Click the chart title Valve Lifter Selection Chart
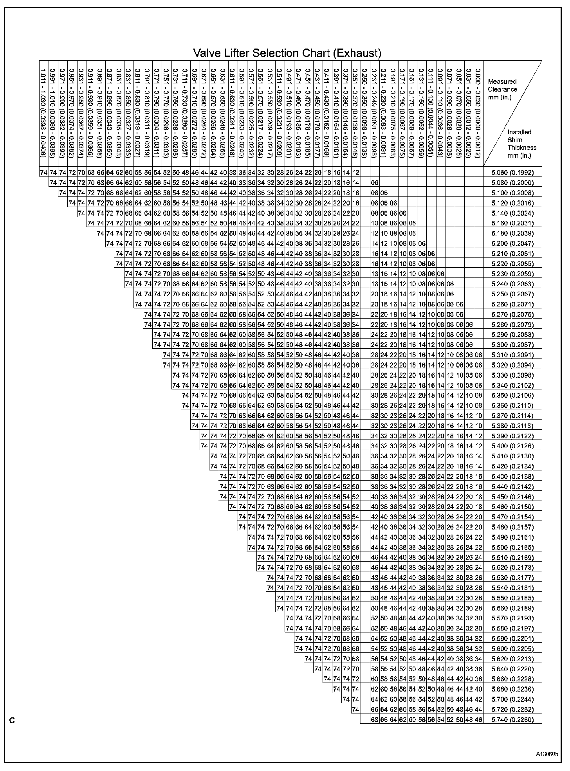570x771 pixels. click(287, 53)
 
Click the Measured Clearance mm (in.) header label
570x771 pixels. click(502, 89)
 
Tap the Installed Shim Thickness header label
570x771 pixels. click(521, 144)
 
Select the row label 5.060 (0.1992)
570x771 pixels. click(512, 172)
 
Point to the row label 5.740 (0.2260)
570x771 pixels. click(512, 719)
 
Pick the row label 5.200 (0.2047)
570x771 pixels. click(512, 243)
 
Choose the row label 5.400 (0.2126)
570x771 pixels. click(512, 446)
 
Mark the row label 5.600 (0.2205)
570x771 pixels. click(512, 648)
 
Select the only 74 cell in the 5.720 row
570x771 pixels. click(355, 709)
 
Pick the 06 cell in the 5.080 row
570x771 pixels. click(375, 182)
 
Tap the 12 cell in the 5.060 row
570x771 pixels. click(355, 172)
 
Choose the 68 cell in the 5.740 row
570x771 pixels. click(375, 719)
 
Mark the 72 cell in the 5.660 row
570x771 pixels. click(355, 679)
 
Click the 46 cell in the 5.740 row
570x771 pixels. click(478, 719)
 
